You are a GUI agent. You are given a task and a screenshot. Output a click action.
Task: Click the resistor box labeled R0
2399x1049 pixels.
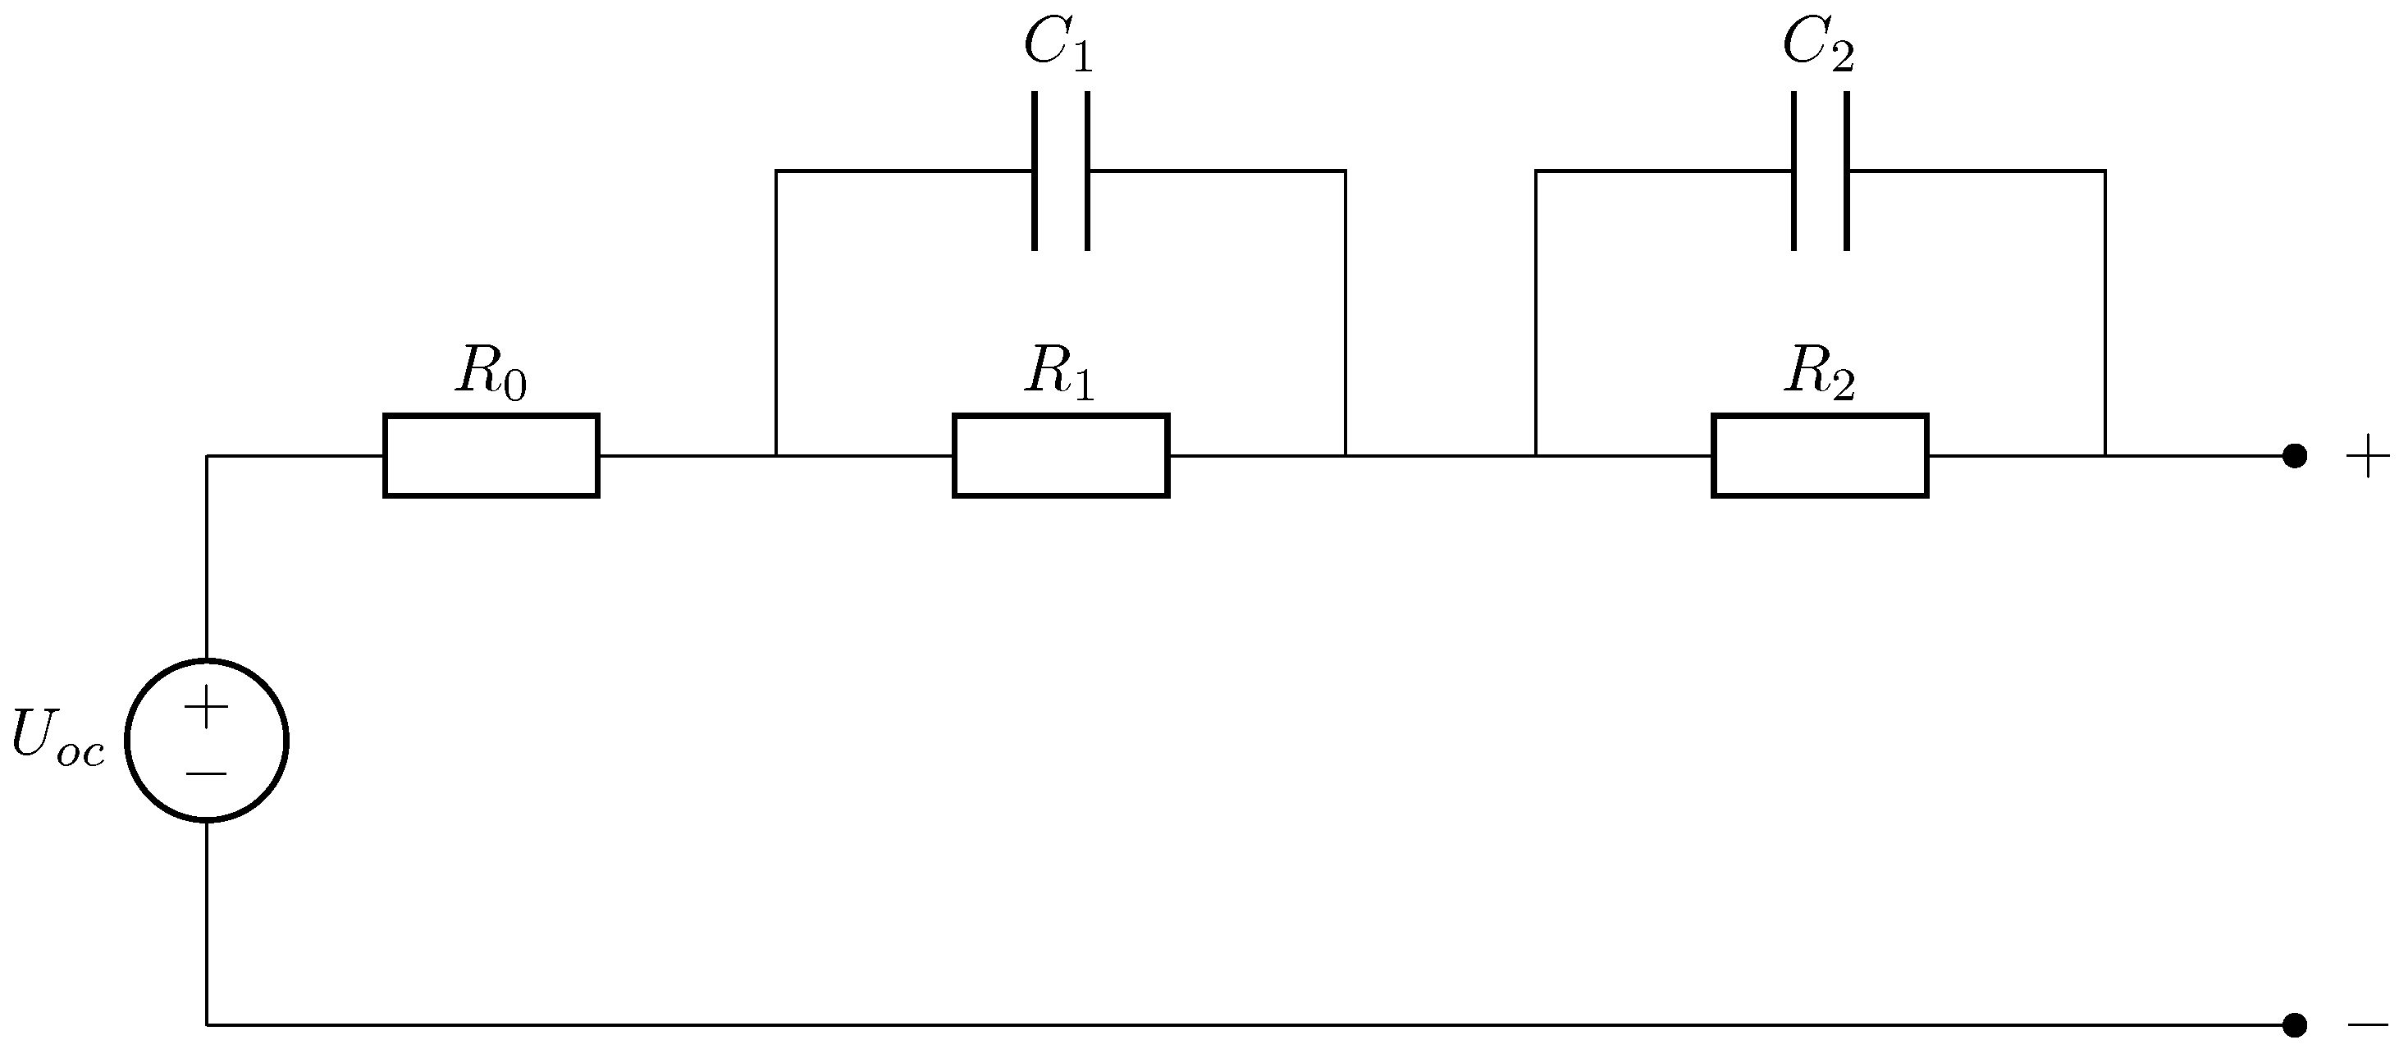point(491,455)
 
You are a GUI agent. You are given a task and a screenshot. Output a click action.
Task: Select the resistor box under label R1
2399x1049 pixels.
point(1061,455)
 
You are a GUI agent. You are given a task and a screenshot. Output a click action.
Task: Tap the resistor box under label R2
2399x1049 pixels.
point(1820,455)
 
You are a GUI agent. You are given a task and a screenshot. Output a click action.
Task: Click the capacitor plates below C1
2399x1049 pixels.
point(1061,171)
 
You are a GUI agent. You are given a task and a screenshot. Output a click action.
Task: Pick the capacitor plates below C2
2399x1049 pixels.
point(1820,171)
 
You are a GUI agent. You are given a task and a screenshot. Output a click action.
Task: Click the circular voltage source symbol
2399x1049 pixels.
point(207,740)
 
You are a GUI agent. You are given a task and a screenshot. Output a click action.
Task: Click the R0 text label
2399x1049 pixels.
point(491,372)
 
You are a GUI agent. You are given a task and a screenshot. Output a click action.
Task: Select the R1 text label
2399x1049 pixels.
point(1059,372)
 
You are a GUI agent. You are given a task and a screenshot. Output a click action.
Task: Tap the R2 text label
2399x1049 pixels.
point(1819,372)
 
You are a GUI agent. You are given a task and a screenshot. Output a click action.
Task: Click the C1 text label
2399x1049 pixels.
point(1057,44)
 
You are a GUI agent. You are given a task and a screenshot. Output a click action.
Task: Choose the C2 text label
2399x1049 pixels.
point(1818,44)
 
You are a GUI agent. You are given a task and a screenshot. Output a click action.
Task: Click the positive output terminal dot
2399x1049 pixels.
point(2295,456)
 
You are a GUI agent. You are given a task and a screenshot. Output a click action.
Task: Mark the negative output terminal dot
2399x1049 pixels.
point(2295,1024)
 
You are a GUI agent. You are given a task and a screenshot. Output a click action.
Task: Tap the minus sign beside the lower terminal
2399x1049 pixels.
point(2367,1024)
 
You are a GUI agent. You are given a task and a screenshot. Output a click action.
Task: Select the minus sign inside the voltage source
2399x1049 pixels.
point(207,773)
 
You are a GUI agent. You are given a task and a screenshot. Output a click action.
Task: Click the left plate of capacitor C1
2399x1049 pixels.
point(1035,171)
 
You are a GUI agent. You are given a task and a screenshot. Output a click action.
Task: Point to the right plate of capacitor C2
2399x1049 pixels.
point(1847,171)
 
